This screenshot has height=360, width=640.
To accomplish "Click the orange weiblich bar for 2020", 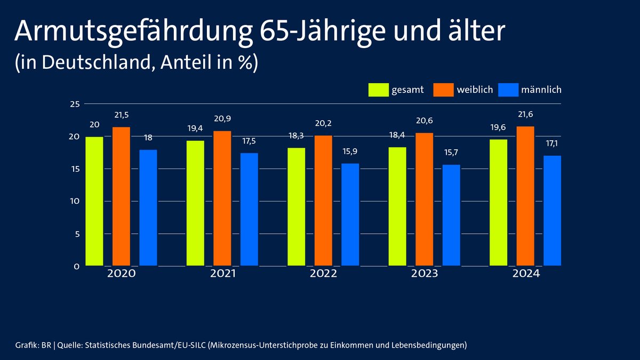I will tap(121, 196).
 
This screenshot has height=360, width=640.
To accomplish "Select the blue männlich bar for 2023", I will tap(451, 215).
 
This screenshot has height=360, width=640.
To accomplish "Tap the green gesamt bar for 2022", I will tap(296, 206).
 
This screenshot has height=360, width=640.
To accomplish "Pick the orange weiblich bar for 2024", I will tap(525, 196).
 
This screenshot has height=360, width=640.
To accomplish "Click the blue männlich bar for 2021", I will tap(249, 209).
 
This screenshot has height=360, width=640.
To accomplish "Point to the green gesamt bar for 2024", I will tap(498, 202).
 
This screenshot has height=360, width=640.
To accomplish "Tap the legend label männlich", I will tap(541, 90).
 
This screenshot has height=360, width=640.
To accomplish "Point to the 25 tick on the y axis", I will tap(75, 103).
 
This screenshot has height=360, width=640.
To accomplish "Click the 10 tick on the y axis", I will tap(75, 201).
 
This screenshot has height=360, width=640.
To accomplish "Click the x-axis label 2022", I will tap(323, 274).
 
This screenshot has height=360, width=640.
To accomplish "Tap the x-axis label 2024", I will tap(525, 274).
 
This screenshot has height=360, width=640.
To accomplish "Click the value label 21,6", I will tap(525, 115).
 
